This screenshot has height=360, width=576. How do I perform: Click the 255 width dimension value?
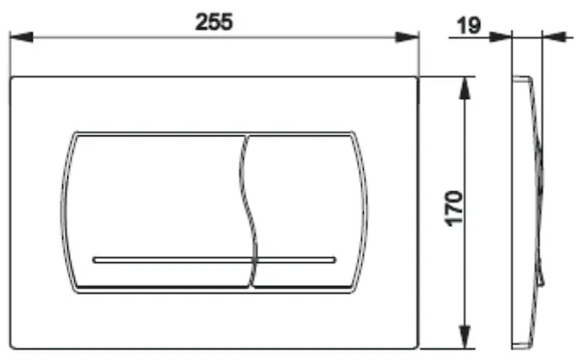pyautogui.click(x=214, y=22)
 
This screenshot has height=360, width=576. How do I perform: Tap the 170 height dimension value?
pyautogui.click(x=454, y=208)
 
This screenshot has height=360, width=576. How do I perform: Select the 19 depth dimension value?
pyautogui.click(x=468, y=26)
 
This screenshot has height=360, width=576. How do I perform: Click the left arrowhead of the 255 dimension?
pyautogui.click(x=21, y=37)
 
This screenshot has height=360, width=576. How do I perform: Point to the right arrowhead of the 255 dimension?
pyautogui.click(x=407, y=37)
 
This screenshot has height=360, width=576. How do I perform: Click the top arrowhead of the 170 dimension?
pyautogui.click(x=465, y=88)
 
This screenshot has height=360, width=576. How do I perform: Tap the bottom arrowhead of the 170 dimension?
pyautogui.click(x=465, y=337)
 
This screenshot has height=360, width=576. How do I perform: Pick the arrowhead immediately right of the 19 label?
pyautogui.click(x=500, y=37)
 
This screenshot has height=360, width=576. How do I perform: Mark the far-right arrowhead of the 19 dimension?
pyautogui.click(x=554, y=37)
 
